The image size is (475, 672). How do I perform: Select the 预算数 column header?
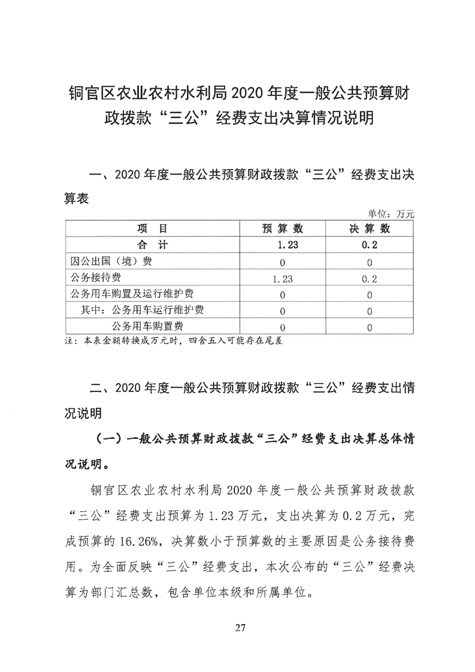coord(282,229)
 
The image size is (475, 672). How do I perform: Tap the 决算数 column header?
coord(370,229)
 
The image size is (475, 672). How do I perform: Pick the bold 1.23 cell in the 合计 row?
coord(282,245)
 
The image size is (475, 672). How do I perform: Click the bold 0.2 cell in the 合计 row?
coord(370,245)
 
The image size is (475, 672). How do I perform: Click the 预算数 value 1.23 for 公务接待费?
coord(282,278)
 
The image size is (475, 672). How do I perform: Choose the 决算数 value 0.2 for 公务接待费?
coord(370,278)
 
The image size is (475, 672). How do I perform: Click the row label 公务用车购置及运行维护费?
coord(131,294)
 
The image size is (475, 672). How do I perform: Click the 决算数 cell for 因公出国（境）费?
coord(370,262)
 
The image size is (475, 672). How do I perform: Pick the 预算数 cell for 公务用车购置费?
coord(282,327)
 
